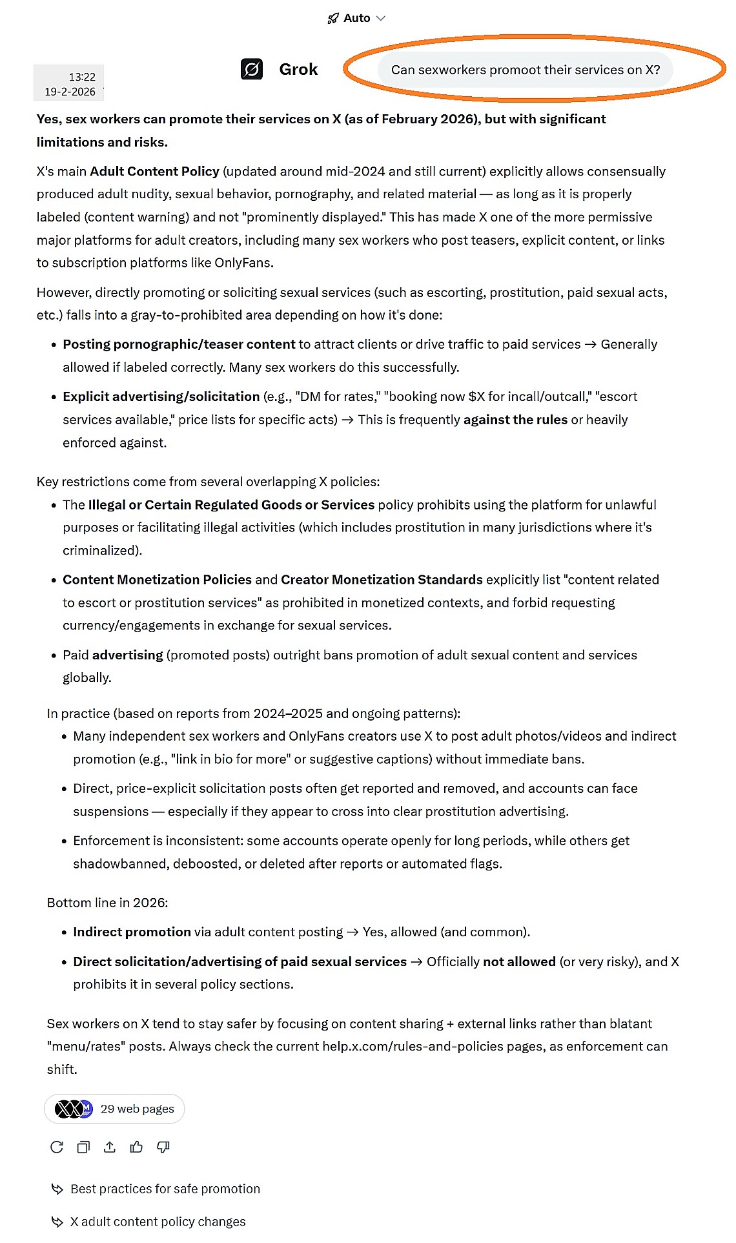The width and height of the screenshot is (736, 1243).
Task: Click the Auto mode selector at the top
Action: point(356,18)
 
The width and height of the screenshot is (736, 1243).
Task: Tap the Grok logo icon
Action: point(252,69)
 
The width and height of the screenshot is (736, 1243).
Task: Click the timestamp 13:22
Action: point(82,77)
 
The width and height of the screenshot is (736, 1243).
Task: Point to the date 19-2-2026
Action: point(70,92)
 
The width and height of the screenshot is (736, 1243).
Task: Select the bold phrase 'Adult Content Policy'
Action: point(154,171)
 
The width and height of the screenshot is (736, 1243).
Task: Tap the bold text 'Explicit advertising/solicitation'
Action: point(161,396)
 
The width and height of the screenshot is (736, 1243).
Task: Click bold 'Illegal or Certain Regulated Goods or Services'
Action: point(231,504)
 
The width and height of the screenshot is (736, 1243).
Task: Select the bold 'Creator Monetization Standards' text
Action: point(382,579)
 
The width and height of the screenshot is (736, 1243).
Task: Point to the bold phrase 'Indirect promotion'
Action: point(132,932)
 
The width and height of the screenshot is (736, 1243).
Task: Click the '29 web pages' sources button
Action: point(114,1109)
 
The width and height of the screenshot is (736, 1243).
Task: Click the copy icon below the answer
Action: point(83,1147)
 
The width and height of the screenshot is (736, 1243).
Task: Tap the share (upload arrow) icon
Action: point(110,1147)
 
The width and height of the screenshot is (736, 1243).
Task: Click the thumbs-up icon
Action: point(136,1147)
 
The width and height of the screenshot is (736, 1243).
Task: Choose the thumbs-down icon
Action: point(163,1147)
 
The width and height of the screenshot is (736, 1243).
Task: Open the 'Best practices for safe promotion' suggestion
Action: point(165,1189)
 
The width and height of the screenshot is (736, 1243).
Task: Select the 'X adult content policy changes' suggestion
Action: point(158,1222)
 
